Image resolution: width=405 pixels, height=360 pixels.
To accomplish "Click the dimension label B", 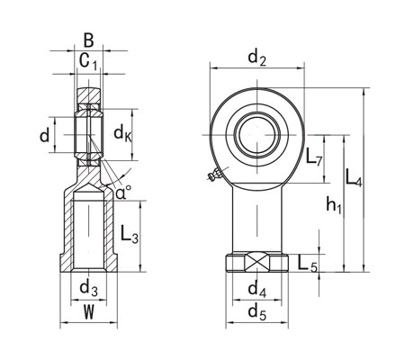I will pyautogui.click(x=88, y=39).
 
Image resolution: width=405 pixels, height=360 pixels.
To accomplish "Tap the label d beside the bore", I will pyautogui.click(x=44, y=136).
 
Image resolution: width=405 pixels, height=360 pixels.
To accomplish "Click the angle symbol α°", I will pyautogui.click(x=122, y=191).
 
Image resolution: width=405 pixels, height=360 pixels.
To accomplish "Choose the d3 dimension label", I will pyautogui.click(x=88, y=289).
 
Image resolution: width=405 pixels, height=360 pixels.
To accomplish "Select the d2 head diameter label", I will pyautogui.click(x=256, y=58).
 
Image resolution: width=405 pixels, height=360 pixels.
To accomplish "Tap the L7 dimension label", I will pyautogui.click(x=314, y=160).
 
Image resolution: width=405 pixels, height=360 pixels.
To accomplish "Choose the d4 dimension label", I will pyautogui.click(x=256, y=290).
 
